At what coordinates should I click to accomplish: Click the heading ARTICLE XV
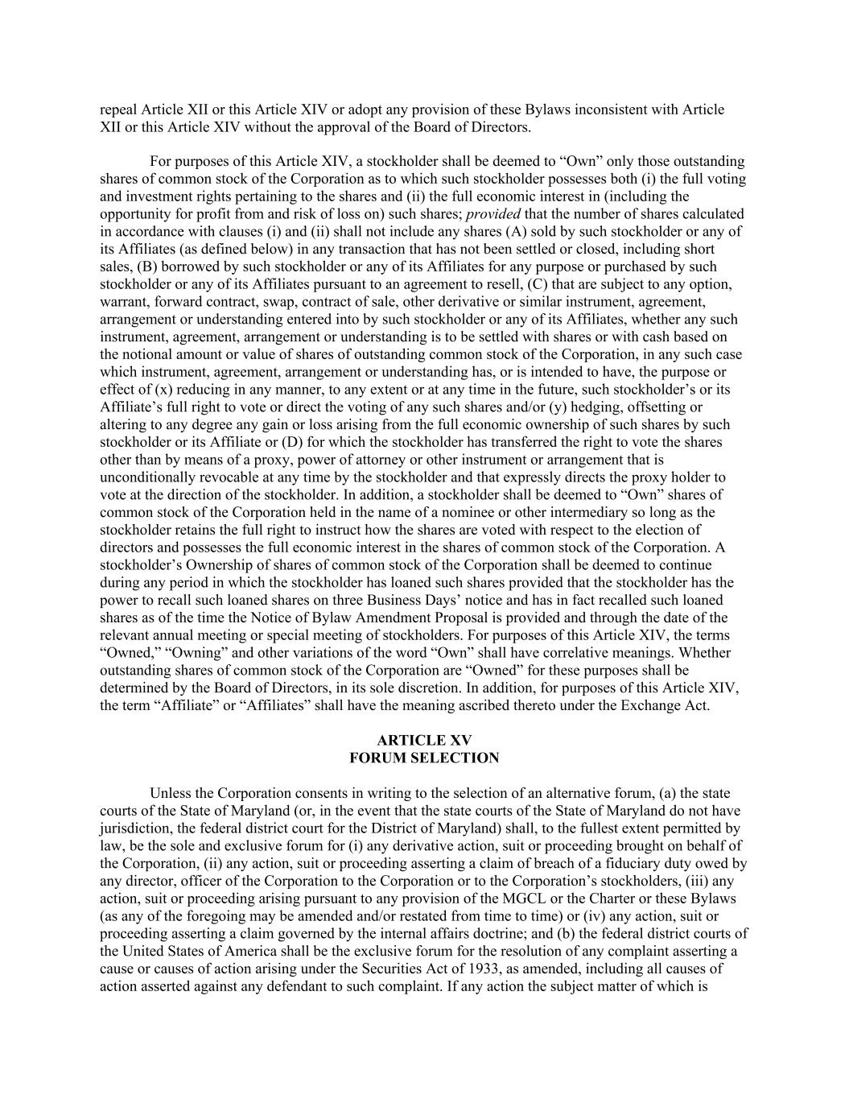(424, 740)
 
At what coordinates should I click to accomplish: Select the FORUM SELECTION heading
(424, 758)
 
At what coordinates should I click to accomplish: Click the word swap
(306, 302)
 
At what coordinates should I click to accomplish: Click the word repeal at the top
(118, 109)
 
